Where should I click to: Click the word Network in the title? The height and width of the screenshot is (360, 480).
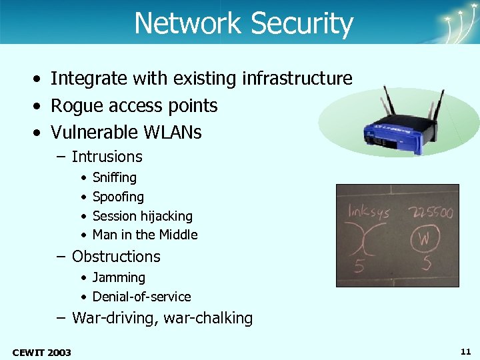(189, 23)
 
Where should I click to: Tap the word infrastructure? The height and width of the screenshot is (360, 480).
(297, 79)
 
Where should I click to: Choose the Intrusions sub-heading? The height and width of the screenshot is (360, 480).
(107, 157)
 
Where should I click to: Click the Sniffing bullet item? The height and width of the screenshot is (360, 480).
(115, 177)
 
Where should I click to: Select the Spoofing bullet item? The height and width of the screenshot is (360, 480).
(118, 197)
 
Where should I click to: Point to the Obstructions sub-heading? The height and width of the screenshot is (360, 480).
(116, 257)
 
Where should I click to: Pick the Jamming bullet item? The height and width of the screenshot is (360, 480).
(119, 277)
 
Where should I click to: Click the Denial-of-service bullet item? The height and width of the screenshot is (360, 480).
(141, 297)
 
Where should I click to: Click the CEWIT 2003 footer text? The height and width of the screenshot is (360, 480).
(41, 351)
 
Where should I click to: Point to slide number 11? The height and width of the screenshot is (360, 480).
(465, 351)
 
